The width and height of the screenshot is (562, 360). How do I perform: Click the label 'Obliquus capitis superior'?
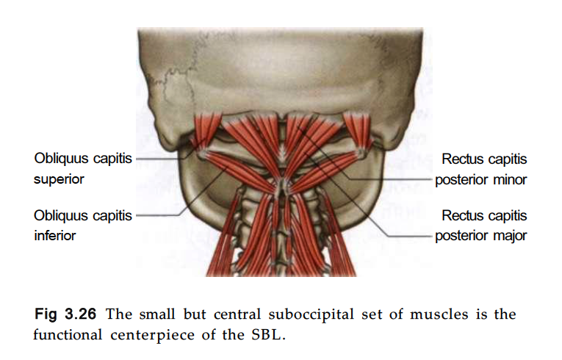coord(83,168)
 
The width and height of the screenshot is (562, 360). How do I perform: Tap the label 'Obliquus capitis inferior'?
coord(83,226)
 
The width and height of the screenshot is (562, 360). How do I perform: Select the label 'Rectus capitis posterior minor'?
coord(480,169)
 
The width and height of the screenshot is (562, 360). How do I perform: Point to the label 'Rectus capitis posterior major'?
coord(480,226)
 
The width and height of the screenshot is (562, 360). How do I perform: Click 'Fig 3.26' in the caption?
coord(65,314)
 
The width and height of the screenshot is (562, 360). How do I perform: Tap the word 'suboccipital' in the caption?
coord(311,314)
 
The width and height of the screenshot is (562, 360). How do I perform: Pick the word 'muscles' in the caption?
coord(439,314)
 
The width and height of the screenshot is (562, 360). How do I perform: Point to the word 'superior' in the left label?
coord(59,179)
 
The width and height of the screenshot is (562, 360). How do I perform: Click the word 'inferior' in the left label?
coord(55,236)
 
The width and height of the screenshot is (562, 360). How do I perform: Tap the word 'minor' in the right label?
coord(510,180)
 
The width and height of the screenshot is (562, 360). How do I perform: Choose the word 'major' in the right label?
coord(510,236)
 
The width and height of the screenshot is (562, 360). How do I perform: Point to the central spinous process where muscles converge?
coord(283,187)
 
